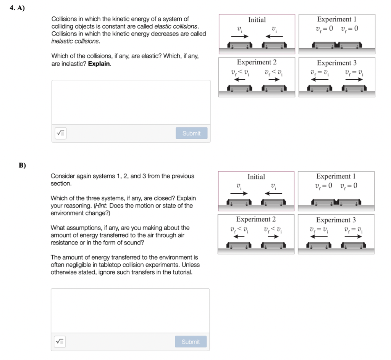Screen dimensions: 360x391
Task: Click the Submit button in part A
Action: click(x=191, y=133)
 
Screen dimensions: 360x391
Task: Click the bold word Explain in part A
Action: click(x=99, y=64)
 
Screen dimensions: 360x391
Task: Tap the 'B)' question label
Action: click(x=22, y=166)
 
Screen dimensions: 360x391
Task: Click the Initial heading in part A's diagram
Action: click(x=257, y=20)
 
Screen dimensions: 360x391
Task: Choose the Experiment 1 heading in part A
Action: click(x=336, y=19)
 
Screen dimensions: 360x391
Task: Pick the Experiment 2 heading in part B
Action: click(x=256, y=219)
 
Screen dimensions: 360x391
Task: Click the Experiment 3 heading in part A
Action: click(x=336, y=63)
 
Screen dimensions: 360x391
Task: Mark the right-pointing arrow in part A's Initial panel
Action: click(x=239, y=36)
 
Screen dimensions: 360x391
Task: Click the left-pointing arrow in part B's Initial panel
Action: click(x=274, y=193)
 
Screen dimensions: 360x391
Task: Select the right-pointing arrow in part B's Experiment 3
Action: click(x=353, y=236)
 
